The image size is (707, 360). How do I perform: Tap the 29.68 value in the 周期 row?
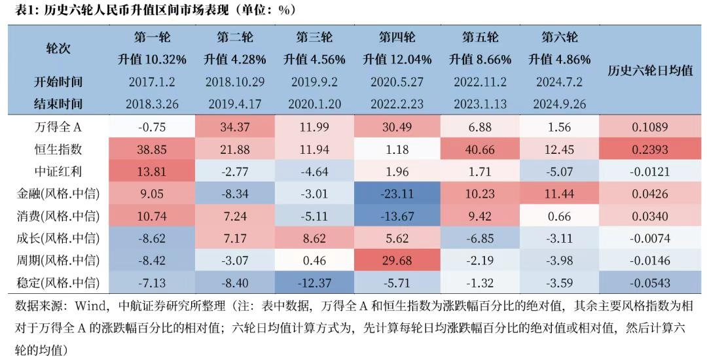pyautogui.click(x=397, y=261)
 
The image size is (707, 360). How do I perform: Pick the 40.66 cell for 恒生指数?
pyautogui.click(x=479, y=149)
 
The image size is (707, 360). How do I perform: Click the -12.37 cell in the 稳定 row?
pyautogui.click(x=314, y=283)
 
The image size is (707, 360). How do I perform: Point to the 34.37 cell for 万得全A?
pyautogui.click(x=234, y=127)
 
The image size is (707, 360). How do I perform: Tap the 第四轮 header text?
pyautogui.click(x=397, y=37)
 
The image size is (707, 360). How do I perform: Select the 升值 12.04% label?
pyautogui.click(x=397, y=60)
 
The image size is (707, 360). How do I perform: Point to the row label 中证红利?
pyautogui.click(x=59, y=171)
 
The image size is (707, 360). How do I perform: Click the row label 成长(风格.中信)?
pyautogui.click(x=59, y=238)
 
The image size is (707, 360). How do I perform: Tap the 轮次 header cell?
pyautogui.click(x=59, y=48)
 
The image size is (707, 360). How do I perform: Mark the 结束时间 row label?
pyautogui.click(x=59, y=104)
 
